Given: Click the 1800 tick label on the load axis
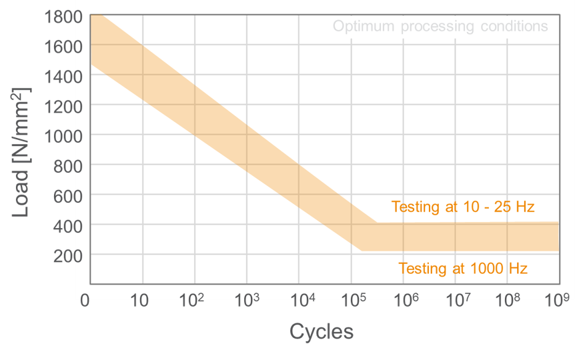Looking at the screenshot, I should coord(63,17).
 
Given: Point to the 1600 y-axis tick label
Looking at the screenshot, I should coord(63,47).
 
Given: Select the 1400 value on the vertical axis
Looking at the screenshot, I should coord(63,77).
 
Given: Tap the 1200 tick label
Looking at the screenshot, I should coord(63,106).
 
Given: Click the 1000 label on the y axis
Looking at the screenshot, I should coord(63,135).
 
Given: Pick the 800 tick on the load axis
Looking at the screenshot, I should coord(68,165).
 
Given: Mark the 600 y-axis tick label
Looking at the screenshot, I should coord(68,195).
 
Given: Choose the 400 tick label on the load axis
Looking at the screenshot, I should coord(68,226).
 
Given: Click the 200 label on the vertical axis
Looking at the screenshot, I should coord(68,255).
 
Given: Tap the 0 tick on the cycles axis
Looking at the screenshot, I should coord(85,302).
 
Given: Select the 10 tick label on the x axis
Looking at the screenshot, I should coord(140,302).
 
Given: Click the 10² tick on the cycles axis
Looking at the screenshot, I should coord(192,301).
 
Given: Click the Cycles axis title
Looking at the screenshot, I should coord(322,332).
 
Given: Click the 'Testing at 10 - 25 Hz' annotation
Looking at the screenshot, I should coord(463,207).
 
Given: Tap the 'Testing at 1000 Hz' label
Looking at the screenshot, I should coord(463,269).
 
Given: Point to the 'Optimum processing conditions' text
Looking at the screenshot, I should coord(440,27).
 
